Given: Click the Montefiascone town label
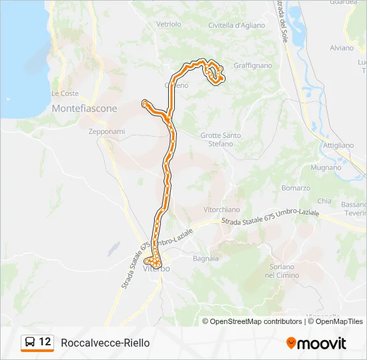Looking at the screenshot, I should point(84,108).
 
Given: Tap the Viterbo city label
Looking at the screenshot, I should point(157,269).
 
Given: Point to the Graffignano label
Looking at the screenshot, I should point(253,66).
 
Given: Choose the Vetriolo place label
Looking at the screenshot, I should point(169,24).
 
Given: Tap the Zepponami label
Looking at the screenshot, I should point(107,131).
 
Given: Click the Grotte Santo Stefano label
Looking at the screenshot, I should point(221,139).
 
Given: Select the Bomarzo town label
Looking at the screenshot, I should point(296,188).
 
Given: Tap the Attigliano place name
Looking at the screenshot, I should point(338,145).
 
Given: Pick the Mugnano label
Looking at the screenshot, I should point(326,168).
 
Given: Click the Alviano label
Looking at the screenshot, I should point(342,48).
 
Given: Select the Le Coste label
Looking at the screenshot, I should point(65,93).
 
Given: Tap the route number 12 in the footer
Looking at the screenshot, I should point(45,342).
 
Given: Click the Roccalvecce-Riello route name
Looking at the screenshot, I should point(105,343).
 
